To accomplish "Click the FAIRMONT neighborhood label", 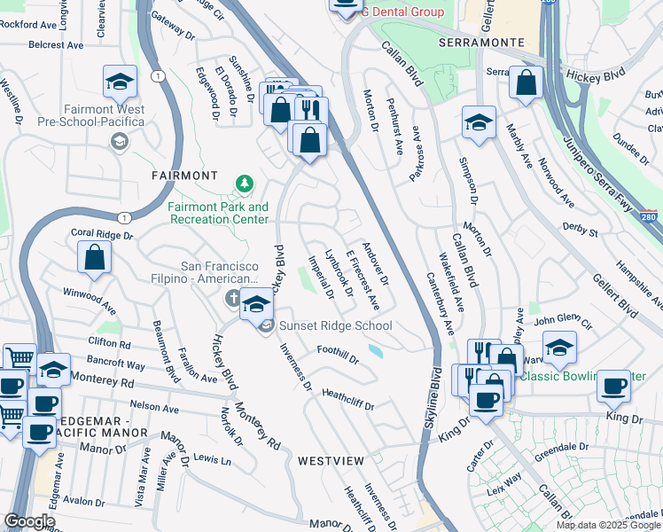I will point(184,176).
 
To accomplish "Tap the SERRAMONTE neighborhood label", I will point(481,43).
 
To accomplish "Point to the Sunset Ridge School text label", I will point(335,326).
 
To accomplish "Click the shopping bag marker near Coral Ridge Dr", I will point(95,258).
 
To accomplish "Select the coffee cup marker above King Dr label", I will point(614,386).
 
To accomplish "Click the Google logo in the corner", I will point(29,520).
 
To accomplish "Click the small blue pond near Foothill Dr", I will point(377,352).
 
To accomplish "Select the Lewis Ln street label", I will point(211,459).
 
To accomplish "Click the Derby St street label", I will point(581,230).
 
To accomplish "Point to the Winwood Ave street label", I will point(90,301).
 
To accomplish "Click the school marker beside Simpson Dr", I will point(479,123).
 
